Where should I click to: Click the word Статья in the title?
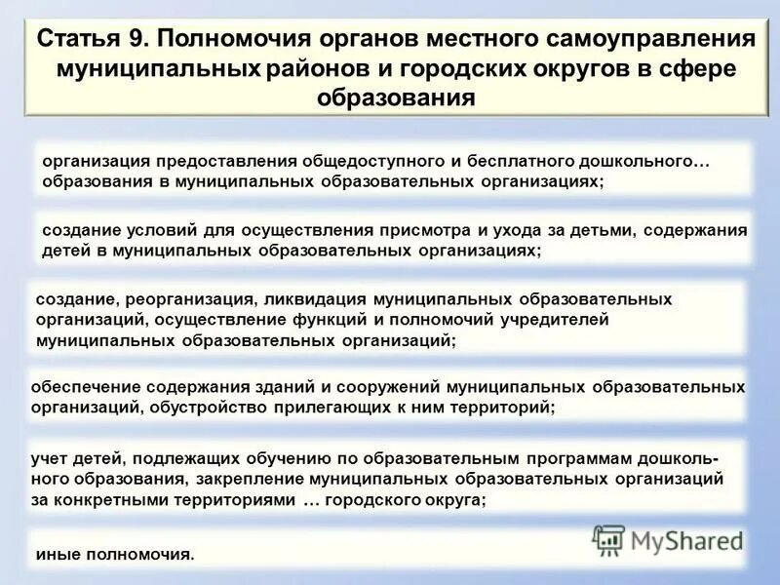[x=75, y=42]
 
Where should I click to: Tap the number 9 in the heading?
[x=134, y=42]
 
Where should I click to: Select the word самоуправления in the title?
[x=643, y=42]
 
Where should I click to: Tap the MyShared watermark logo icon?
[x=609, y=539]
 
